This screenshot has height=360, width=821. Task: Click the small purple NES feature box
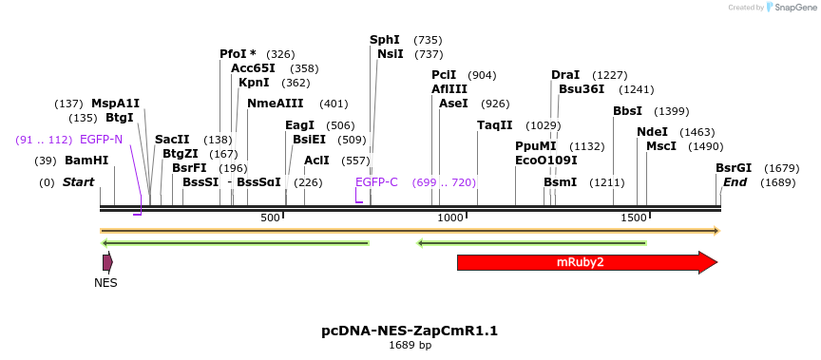tap(107, 261)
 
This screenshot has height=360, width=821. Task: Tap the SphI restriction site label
tap(385, 40)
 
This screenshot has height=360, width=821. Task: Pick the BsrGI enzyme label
tap(734, 168)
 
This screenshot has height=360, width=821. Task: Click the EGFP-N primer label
tap(101, 140)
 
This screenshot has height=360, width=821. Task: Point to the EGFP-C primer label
tap(376, 182)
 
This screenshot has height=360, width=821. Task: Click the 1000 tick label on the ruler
tap(450, 218)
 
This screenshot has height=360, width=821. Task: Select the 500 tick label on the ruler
tap(271, 218)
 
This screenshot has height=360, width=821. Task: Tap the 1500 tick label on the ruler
tap(634, 218)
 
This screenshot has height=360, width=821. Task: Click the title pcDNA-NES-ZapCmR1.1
tap(410, 331)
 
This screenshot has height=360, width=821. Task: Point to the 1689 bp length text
tap(410, 345)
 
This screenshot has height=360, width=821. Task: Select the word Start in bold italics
tap(79, 182)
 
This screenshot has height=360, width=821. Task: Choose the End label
tap(735, 182)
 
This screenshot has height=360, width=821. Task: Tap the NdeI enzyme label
tap(652, 132)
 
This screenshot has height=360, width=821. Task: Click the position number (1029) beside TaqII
tap(544, 125)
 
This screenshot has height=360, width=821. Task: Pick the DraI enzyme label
tap(565, 75)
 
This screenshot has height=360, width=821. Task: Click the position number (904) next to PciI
tap(482, 75)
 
